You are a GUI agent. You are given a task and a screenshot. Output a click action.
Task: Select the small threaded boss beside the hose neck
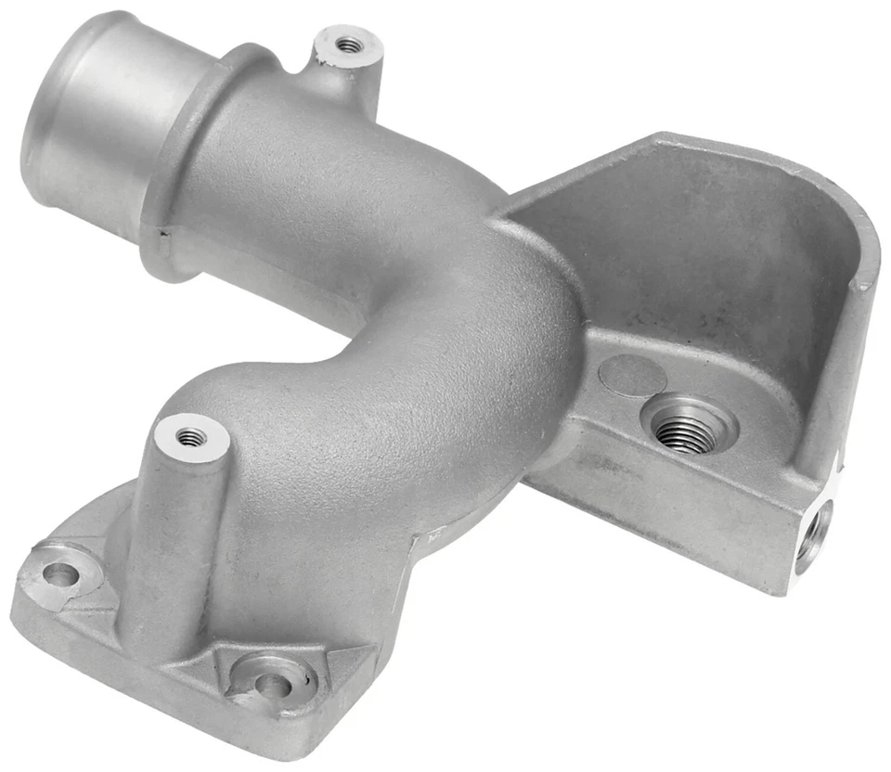coord(348,44)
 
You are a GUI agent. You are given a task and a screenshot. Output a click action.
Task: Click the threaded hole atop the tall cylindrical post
coord(190,435)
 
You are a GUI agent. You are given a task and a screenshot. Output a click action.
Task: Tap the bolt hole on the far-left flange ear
coord(59,574)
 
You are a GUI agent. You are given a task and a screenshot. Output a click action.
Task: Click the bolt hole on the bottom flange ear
coord(272,685)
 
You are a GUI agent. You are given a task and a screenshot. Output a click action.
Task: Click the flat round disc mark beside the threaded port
coord(632,376)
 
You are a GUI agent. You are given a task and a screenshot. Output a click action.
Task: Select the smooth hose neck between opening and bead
coord(121,130)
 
